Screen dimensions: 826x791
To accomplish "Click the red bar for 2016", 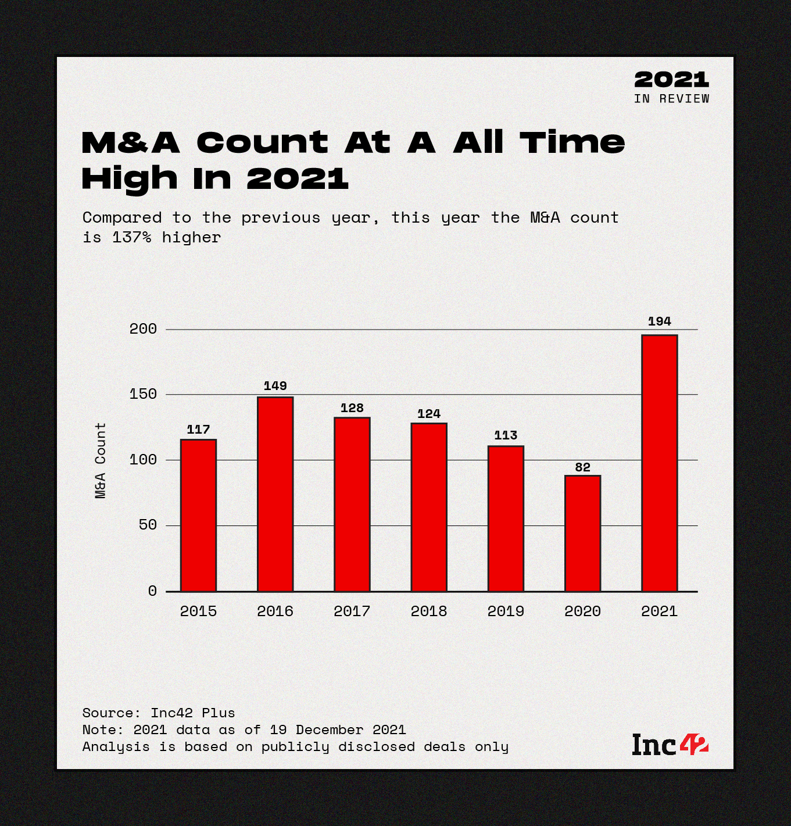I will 275,494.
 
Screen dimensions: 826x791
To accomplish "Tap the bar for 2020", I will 582,533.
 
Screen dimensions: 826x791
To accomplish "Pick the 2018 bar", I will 429,507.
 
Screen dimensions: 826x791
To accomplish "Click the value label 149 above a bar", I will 275,386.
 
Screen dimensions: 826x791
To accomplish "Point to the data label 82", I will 582,467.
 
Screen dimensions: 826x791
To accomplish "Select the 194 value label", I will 659,321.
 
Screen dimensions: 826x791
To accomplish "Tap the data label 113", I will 506,435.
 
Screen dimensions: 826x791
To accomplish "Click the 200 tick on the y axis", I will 143,329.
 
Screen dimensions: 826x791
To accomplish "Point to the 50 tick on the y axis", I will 148,525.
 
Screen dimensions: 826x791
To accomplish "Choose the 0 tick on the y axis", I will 152,591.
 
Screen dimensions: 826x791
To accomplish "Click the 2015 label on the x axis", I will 198,612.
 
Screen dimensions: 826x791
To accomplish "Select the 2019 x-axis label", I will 506,612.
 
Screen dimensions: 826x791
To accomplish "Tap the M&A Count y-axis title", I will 101,460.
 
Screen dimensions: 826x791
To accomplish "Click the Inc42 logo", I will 670,745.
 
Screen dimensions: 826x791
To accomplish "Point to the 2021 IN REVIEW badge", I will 671,87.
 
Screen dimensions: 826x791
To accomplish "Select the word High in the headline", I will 129,178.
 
